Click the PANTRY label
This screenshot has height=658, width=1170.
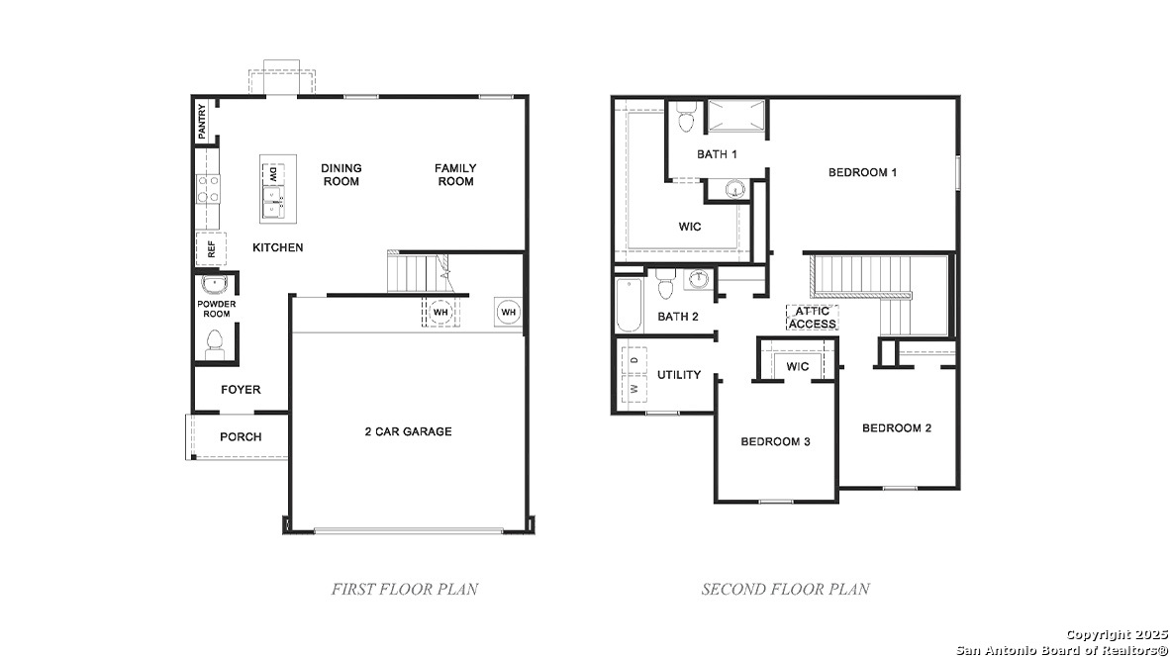(202, 121)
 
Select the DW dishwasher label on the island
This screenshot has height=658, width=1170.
(272, 174)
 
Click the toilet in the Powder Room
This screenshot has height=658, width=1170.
(213, 343)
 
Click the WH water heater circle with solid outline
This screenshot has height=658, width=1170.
(508, 313)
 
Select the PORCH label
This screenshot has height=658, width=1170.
(241, 436)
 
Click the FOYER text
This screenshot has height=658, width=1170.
(241, 390)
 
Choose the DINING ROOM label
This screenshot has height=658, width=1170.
(341, 175)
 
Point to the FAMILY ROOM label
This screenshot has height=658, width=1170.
(455, 175)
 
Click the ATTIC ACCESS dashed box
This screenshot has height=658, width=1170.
(813, 318)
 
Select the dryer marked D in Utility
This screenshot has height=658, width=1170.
(634, 361)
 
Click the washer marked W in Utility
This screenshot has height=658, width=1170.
(634, 389)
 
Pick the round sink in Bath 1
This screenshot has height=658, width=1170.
(734, 189)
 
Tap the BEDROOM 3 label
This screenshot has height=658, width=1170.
(775, 441)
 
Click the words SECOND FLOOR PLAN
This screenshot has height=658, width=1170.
(786, 589)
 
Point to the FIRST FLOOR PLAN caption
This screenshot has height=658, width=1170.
(404, 589)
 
